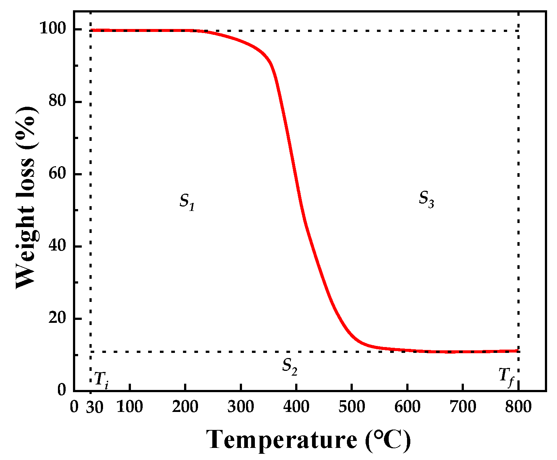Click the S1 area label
(187, 201)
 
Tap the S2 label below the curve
(289, 366)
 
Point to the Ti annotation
(102, 379)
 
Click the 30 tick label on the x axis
(95, 407)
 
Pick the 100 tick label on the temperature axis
(129, 407)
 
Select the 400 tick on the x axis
(296, 407)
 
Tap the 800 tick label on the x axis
(518, 407)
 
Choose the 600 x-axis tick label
(407, 407)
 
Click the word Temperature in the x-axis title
(281, 439)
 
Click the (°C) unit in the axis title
(388, 439)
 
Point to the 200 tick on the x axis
(185, 407)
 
